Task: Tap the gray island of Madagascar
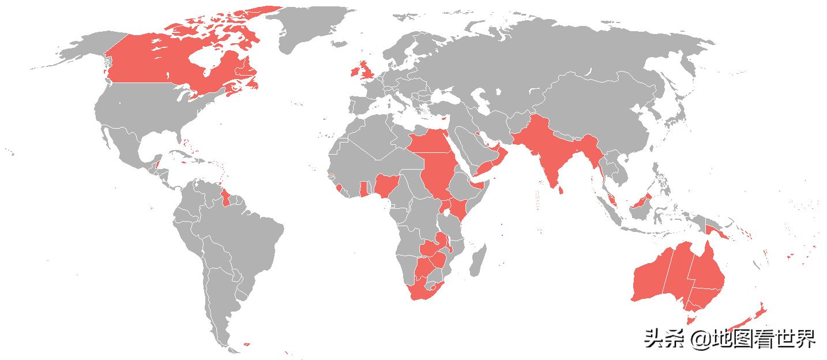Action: (478, 260)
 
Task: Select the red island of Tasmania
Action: (690, 318)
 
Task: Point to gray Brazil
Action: (242, 237)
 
